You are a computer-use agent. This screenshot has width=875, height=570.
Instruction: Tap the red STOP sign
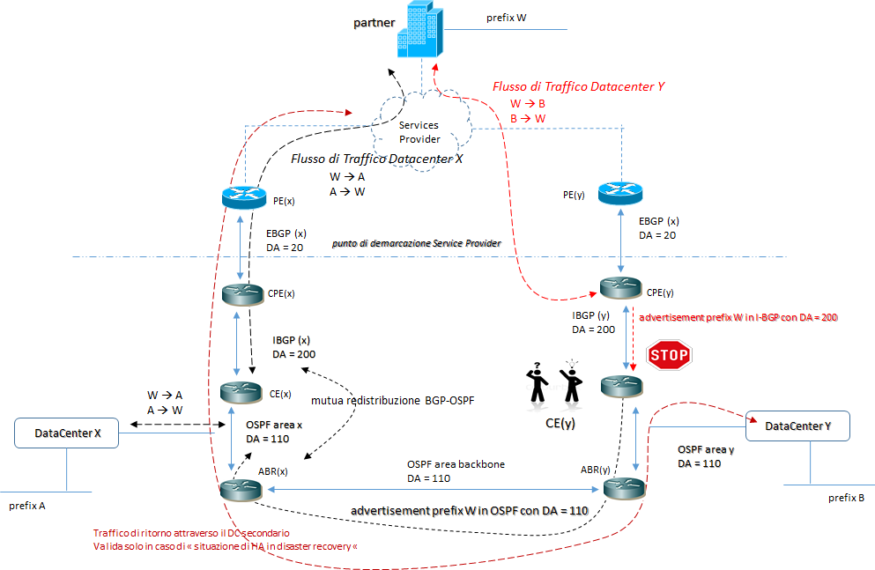669,356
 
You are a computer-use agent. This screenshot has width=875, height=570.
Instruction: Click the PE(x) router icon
243,198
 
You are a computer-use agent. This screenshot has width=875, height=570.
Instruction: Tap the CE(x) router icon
242,390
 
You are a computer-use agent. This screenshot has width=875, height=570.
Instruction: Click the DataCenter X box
68,433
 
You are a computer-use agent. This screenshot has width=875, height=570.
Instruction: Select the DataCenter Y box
797,426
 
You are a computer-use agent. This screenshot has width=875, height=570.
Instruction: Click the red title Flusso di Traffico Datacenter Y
577,87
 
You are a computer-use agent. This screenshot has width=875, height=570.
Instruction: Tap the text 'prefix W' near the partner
507,18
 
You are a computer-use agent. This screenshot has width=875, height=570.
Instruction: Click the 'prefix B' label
846,498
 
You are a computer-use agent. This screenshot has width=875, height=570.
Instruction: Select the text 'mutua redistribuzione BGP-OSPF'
404,400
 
